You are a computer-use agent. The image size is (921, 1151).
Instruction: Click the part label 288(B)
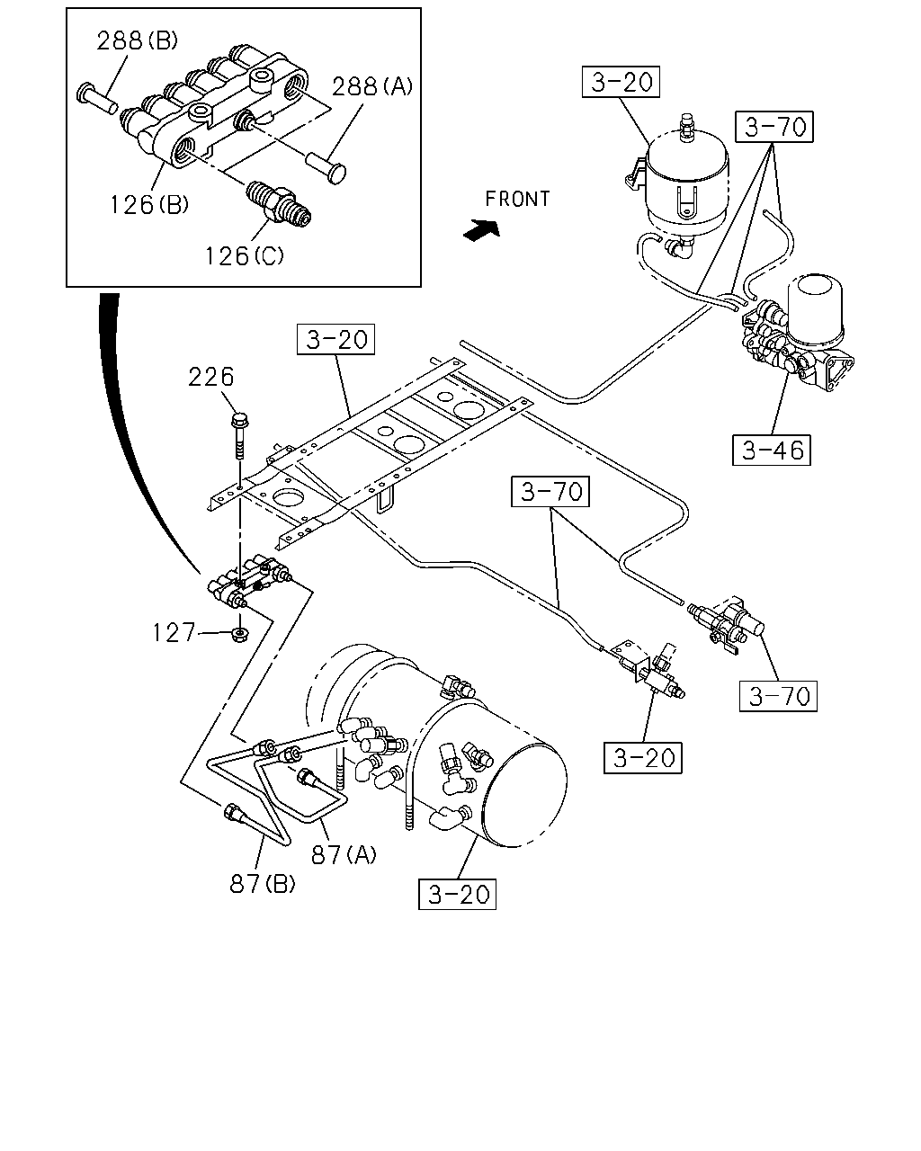137,40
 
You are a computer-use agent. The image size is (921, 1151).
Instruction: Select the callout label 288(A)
372,86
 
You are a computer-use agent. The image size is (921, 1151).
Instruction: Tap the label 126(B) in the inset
149,204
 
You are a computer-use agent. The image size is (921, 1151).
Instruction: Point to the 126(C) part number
245,256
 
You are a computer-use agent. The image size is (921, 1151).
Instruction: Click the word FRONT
517,199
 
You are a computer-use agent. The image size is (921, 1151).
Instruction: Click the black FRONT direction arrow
482,230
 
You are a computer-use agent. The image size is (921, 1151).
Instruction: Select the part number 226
210,377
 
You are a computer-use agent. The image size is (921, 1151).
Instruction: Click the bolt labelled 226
239,436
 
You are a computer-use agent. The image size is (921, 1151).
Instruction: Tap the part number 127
174,633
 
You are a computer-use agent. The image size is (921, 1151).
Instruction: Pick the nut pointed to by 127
240,635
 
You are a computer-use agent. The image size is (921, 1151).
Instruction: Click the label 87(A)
344,854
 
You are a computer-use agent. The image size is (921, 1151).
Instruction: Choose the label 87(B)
263,884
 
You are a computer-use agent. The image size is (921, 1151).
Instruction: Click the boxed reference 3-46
771,450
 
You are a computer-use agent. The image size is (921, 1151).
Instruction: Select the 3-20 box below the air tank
457,894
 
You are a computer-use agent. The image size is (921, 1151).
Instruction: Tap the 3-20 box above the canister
621,82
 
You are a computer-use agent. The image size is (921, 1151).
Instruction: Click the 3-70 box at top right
774,127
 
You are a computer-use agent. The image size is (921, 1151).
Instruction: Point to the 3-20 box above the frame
335,339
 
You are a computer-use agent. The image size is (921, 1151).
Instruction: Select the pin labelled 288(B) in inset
97,98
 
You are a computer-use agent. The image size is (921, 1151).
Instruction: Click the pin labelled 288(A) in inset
326,166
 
